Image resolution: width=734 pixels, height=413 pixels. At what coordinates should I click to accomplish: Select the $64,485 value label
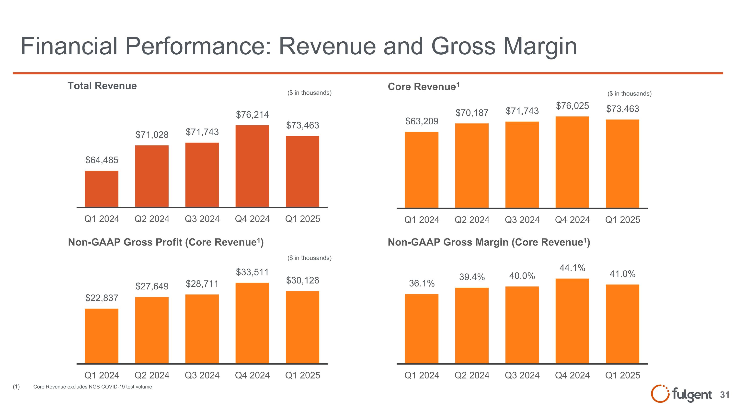point(102,160)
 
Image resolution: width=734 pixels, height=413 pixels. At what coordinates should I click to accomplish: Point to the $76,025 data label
point(572,106)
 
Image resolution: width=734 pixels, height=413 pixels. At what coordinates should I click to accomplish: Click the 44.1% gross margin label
point(572,268)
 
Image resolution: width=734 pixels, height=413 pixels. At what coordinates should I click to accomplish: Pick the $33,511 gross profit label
point(252,272)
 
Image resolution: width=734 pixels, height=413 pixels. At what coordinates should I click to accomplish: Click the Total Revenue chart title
point(102,86)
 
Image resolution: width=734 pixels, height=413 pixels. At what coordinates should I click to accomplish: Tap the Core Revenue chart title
point(424,87)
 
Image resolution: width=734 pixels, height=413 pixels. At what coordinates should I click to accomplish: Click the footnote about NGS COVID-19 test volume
point(92,387)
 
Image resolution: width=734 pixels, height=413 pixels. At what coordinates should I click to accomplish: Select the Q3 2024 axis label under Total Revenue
point(202,219)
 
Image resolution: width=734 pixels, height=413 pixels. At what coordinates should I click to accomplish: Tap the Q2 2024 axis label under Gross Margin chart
point(472,375)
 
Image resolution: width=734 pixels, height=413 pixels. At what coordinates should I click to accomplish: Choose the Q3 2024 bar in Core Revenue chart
point(522,165)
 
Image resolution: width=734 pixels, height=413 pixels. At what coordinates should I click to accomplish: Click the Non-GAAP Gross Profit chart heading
point(166,242)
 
